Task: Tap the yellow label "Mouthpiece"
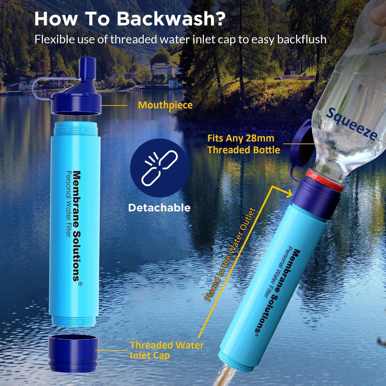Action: click(x=165, y=105)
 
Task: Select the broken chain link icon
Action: click(x=159, y=168)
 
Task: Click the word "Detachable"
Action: click(x=159, y=208)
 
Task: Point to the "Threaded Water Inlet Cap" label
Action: click(x=166, y=350)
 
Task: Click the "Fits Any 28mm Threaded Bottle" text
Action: click(x=243, y=144)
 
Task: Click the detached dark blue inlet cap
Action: click(x=73, y=354)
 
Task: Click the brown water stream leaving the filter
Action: click(x=225, y=376)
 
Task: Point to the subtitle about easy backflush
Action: click(x=180, y=40)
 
